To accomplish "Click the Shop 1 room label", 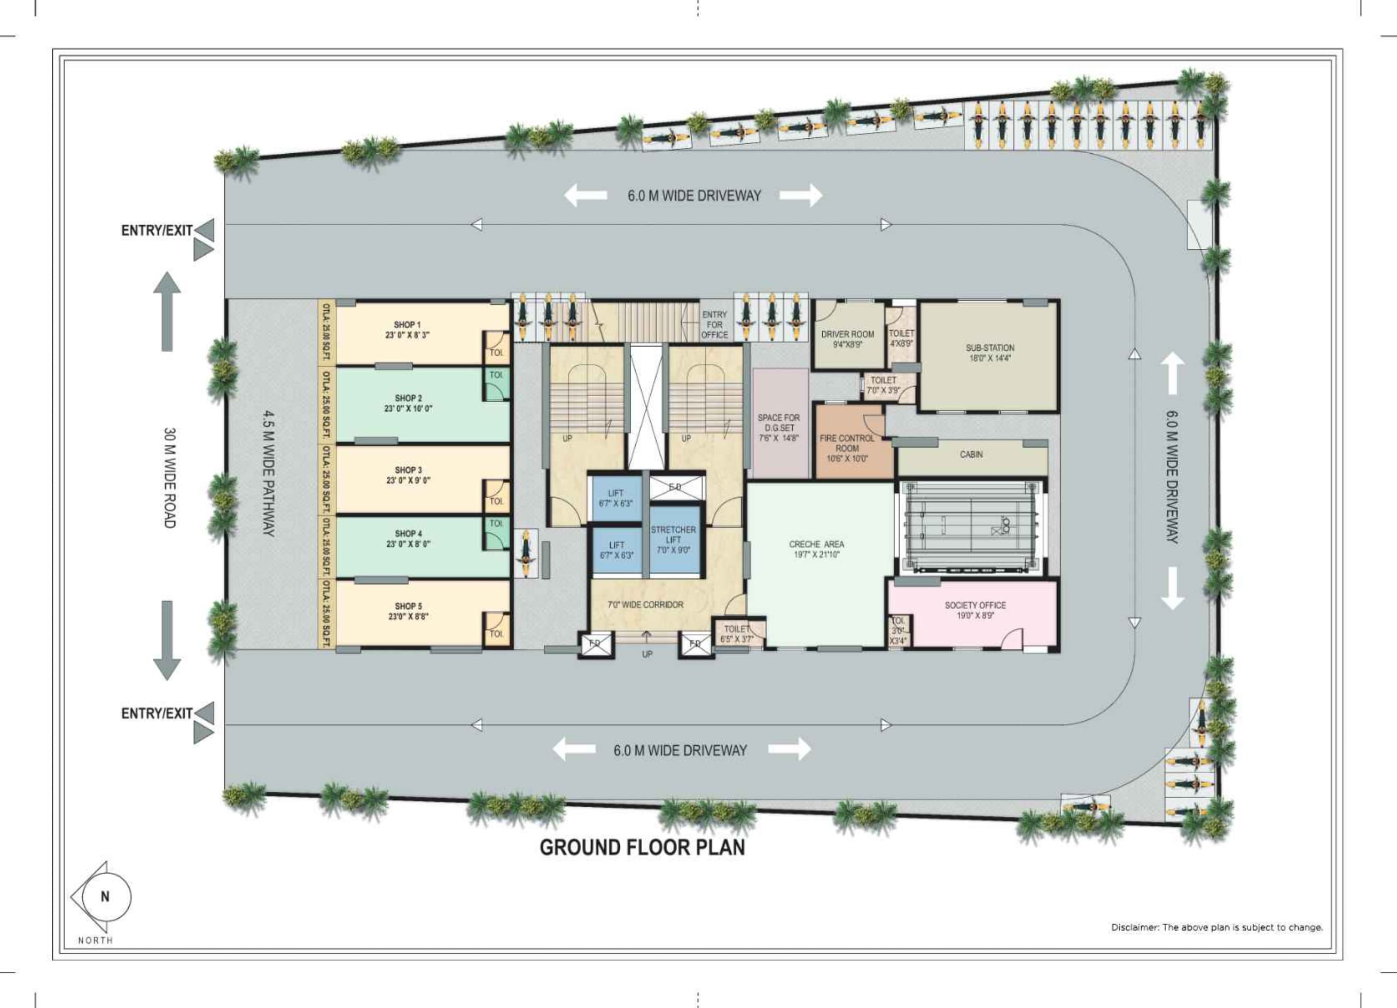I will coord(407,329).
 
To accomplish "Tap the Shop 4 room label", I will coord(408,539).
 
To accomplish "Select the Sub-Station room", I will coord(989,353).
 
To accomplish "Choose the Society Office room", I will coord(975,610).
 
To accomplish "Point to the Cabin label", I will coord(971,454).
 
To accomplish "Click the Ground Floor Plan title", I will coord(642,847).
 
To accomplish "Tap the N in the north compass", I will coord(105,896).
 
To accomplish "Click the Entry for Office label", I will coord(714,325).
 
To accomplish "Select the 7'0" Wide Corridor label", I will coord(645,605).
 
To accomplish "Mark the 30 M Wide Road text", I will coord(170,478).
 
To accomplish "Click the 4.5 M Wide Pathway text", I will coord(269,474).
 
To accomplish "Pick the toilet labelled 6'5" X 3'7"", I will coord(737,634).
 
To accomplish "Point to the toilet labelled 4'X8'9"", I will coord(901,338).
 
